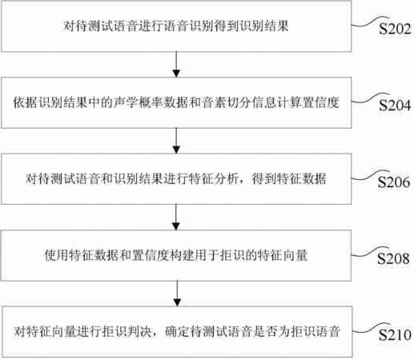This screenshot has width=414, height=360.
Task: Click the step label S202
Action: click(x=395, y=29)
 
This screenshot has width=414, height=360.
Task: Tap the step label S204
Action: click(x=395, y=106)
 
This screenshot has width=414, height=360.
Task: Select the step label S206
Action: click(x=394, y=182)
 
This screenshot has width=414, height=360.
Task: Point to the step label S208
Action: click(x=393, y=258)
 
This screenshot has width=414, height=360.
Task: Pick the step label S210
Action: click(x=395, y=335)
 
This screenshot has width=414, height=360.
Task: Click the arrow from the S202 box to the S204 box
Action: click(x=176, y=64)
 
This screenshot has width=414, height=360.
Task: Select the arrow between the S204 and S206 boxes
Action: click(x=176, y=141)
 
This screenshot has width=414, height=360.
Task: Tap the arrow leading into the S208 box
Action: click(x=176, y=218)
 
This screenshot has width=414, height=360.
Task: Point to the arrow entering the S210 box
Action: click(x=177, y=294)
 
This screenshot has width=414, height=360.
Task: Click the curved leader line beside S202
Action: click(x=370, y=22)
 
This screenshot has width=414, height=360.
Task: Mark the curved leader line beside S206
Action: click(x=370, y=174)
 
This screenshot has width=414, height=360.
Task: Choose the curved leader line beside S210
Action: click(x=371, y=328)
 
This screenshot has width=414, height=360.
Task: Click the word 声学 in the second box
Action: click(x=126, y=102)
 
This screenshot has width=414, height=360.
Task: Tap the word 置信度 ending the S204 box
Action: click(x=321, y=102)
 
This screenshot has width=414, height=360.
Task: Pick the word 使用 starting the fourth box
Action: click(x=56, y=255)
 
